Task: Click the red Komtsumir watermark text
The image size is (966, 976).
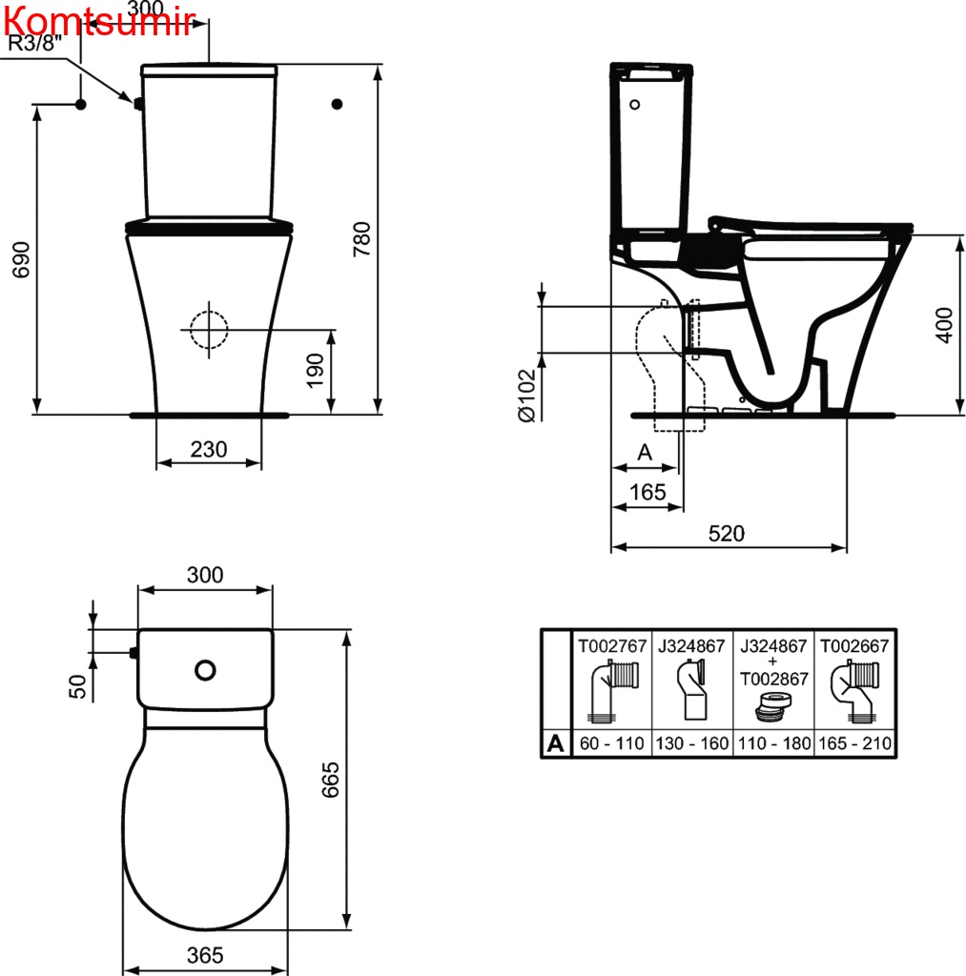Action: pos(99,23)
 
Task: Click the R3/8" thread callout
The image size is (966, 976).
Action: pos(35,44)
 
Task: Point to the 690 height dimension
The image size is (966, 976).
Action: pos(21,259)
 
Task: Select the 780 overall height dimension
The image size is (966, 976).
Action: pos(361,239)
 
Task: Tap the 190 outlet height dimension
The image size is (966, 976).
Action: pos(315,371)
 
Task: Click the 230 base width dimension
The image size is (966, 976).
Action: pos(209,450)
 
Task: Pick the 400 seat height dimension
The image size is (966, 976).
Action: pos(944,325)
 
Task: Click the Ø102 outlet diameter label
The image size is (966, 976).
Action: pos(527,396)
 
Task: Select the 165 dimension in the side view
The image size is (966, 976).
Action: pos(647,493)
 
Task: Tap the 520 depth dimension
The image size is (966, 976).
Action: pos(727,534)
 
